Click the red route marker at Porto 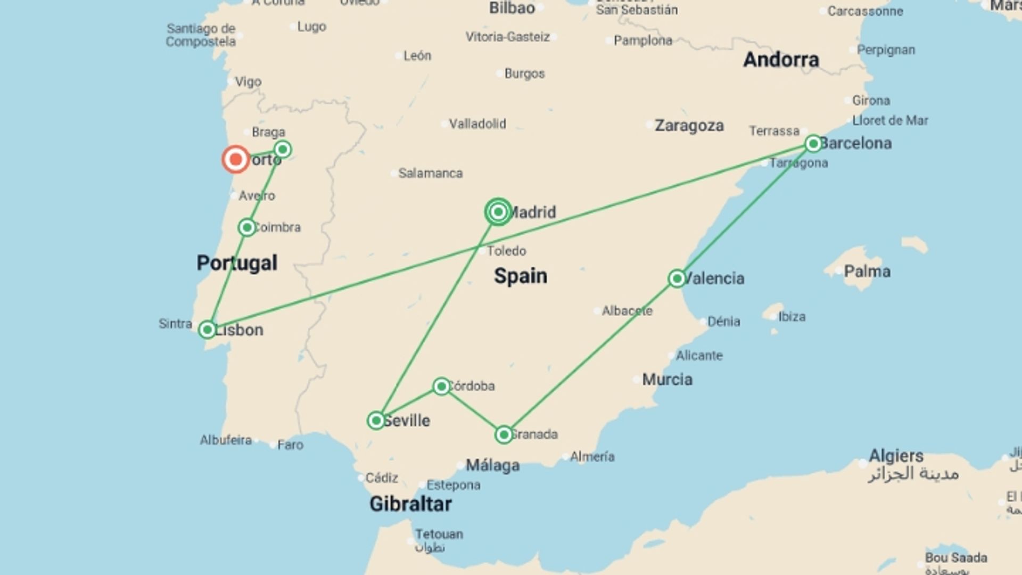pyautogui.click(x=235, y=159)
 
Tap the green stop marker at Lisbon pyautogui.click(x=207, y=330)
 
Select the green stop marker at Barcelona pyautogui.click(x=813, y=143)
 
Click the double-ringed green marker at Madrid pyautogui.click(x=498, y=212)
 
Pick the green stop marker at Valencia pyautogui.click(x=677, y=278)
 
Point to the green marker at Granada pyautogui.click(x=504, y=434)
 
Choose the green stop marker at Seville pyautogui.click(x=376, y=421)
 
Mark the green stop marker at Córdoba pyautogui.click(x=441, y=386)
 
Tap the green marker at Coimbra pyautogui.click(x=247, y=227)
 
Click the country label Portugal pyautogui.click(x=237, y=262)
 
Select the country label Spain pyautogui.click(x=520, y=276)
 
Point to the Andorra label pyautogui.click(x=781, y=60)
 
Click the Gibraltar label pyautogui.click(x=410, y=504)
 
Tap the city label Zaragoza pyautogui.click(x=689, y=126)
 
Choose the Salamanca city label pyautogui.click(x=430, y=173)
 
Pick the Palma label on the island pyautogui.click(x=867, y=272)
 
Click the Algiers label pyautogui.click(x=896, y=456)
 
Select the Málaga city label pyautogui.click(x=492, y=465)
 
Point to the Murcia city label pyautogui.click(x=667, y=380)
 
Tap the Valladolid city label pyautogui.click(x=477, y=124)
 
